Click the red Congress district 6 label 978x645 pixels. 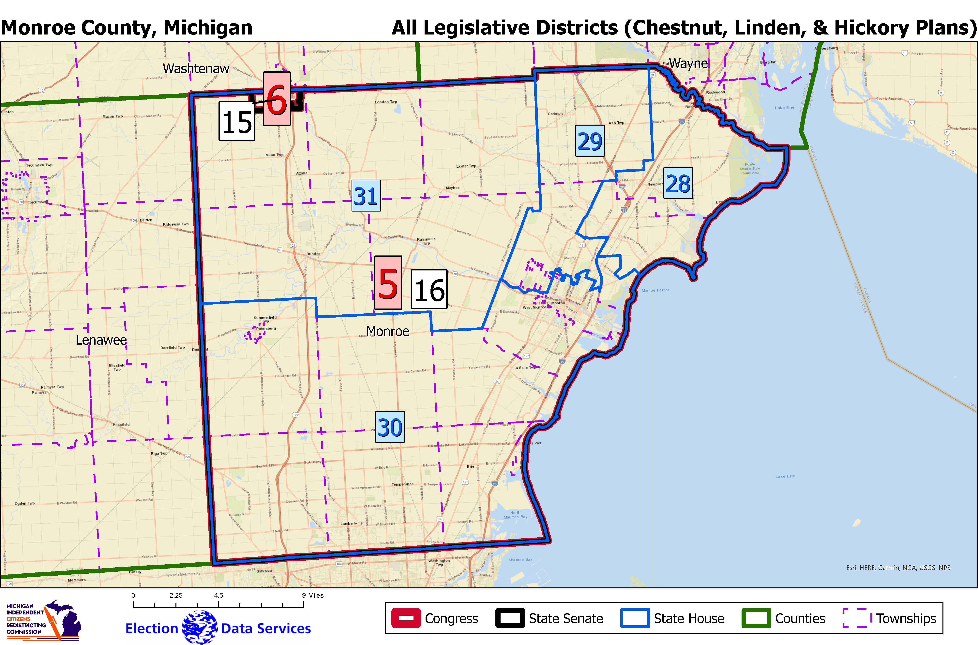[x=277, y=99]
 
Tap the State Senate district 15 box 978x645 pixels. [x=237, y=121]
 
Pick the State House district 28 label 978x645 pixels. [x=678, y=184]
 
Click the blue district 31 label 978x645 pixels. [x=366, y=196]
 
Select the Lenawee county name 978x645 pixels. [x=101, y=340]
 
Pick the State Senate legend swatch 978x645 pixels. [x=510, y=618]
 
